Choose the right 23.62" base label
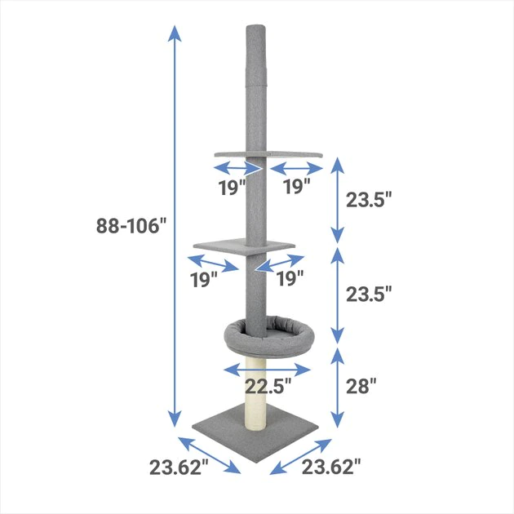coord(330,467)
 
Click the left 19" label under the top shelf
coord(233,187)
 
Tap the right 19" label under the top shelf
coord(295,187)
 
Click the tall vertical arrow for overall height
coord(174,226)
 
